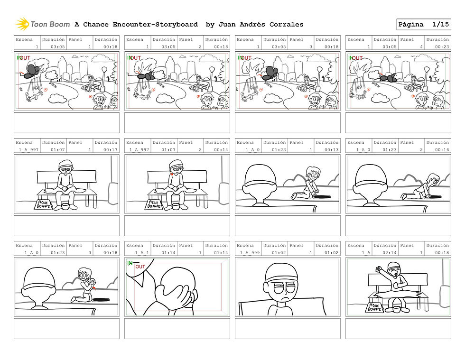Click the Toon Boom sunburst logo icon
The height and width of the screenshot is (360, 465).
[22, 24]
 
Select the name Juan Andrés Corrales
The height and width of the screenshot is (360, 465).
[260, 25]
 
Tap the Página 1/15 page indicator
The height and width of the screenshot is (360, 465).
[423, 24]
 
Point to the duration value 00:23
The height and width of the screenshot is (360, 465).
[442, 47]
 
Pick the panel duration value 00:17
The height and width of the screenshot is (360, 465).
[110, 150]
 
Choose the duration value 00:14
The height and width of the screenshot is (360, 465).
[221, 150]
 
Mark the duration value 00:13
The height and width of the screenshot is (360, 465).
[331, 150]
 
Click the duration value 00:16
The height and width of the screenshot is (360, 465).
[442, 150]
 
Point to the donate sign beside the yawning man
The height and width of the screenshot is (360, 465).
[374, 308]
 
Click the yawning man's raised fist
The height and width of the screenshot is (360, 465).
[379, 269]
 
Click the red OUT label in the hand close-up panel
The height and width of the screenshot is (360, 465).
[140, 267]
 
